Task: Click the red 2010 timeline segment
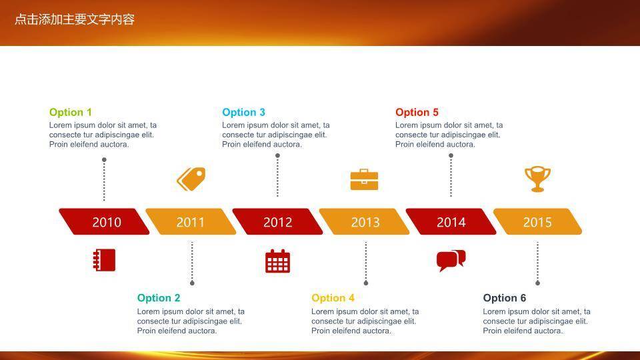click(104, 221)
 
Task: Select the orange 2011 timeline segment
click(191, 221)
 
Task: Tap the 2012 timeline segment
click(277, 221)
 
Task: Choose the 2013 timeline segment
click(364, 221)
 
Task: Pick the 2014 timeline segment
click(451, 221)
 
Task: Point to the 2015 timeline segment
click(537, 221)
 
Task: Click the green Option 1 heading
click(70, 112)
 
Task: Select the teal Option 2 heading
click(159, 298)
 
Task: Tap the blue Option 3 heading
click(243, 112)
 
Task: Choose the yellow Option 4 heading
click(333, 298)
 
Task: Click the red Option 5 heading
click(417, 112)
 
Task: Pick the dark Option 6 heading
click(505, 298)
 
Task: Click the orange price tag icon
click(191, 179)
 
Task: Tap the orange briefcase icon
click(364, 179)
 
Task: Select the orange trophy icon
click(537, 179)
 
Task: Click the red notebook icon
click(105, 260)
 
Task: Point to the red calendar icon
click(277, 261)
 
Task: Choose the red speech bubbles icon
click(451, 261)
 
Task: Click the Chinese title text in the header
click(75, 19)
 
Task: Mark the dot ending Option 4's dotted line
click(366, 283)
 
